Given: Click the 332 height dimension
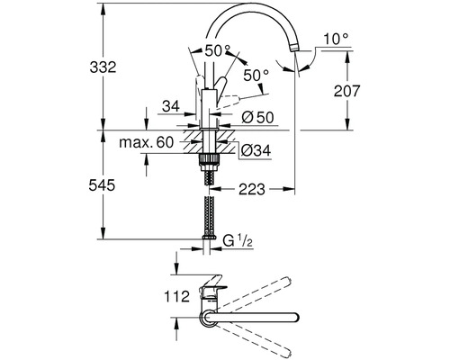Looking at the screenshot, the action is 103,67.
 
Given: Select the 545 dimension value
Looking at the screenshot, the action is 102,185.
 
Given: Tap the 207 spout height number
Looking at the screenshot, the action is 346,91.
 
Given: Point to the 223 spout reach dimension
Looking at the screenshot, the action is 252,189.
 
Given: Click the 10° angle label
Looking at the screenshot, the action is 337,40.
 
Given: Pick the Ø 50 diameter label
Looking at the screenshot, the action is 257,117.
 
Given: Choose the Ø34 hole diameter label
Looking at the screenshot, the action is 256,150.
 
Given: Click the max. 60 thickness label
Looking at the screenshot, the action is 147,142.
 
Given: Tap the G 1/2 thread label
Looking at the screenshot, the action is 238,240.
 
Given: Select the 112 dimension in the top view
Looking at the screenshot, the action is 177,297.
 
